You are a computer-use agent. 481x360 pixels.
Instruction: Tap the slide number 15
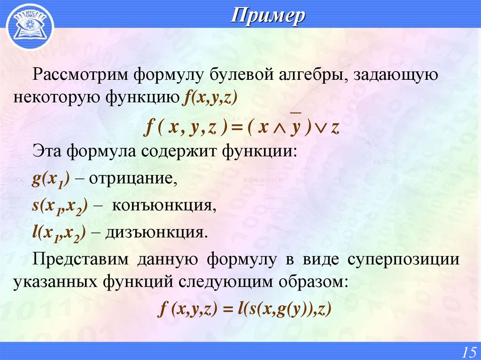[469, 351]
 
